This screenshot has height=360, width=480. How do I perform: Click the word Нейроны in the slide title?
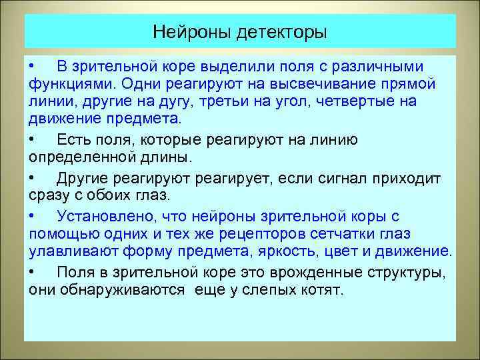tap(190, 31)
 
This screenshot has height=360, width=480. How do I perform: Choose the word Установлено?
tap(99, 216)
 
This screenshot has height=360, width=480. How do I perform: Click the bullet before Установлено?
tap(33, 216)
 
